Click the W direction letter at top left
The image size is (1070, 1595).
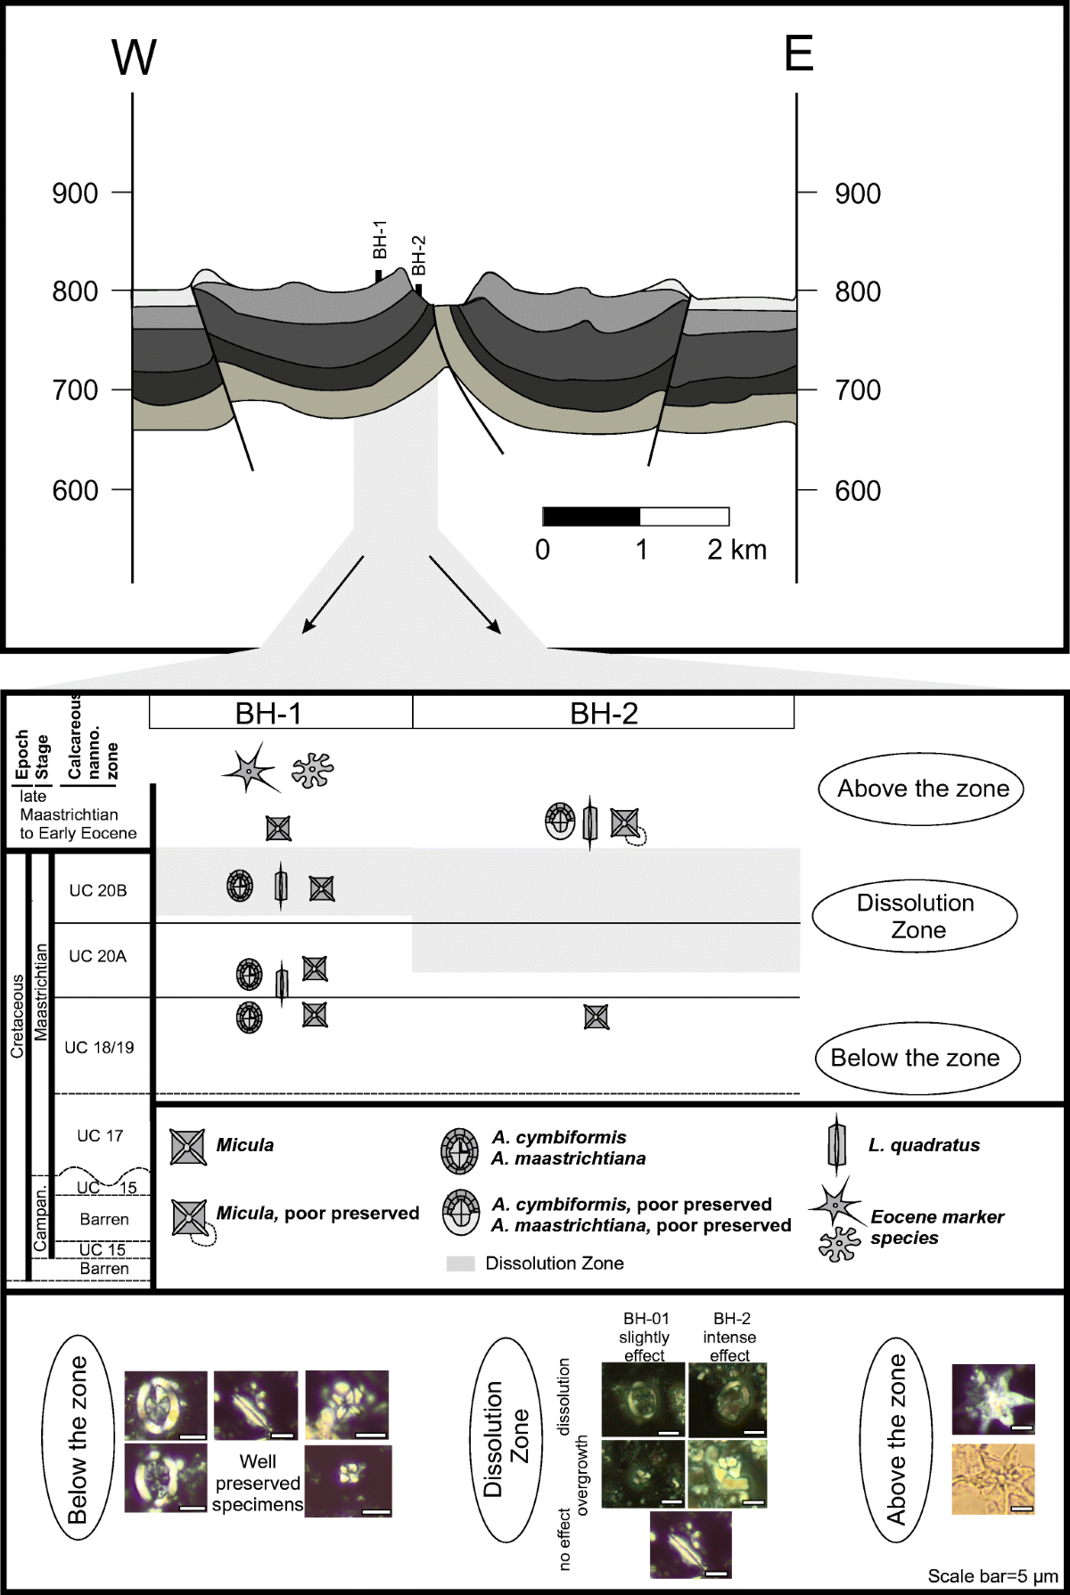coord(134,58)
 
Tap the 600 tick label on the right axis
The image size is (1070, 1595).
coord(857,490)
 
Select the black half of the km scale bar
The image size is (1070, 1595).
coord(591,516)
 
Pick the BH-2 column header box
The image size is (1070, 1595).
coord(603,713)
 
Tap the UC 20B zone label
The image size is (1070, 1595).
coord(98,890)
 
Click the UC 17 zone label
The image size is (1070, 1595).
coord(100,1135)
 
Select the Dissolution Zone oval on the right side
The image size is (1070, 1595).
coord(915,916)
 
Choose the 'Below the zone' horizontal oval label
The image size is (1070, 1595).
coord(918,1058)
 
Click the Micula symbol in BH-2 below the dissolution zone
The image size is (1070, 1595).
coord(596,1016)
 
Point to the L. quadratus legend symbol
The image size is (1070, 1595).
coord(836,1144)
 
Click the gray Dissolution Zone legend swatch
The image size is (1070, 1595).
coord(460,1263)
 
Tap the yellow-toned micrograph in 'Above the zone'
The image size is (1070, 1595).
coord(992,1479)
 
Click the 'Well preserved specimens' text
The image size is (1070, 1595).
coord(258,1483)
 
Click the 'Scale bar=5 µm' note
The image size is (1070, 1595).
coord(992,1575)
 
